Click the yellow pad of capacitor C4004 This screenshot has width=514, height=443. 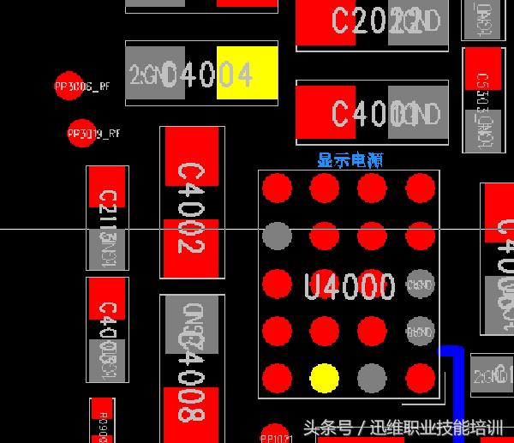pos(247,74)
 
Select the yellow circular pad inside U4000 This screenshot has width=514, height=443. pos(324,377)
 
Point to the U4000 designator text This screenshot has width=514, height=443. pos(350,286)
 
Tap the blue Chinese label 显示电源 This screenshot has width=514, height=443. pos(350,159)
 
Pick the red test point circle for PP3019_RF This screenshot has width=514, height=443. pos(79,134)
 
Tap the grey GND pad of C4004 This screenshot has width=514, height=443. pos(155,74)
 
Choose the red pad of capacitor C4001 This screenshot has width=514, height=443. pos(325,112)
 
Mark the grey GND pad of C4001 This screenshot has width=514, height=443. pos(418,112)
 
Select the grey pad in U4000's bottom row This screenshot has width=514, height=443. pos(372,377)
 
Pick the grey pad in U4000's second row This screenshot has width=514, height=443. pos(277,235)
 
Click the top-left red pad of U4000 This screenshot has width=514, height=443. pos(277,188)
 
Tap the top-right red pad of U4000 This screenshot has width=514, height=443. pos(420,188)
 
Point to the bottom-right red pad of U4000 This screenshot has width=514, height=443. pos(420,377)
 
